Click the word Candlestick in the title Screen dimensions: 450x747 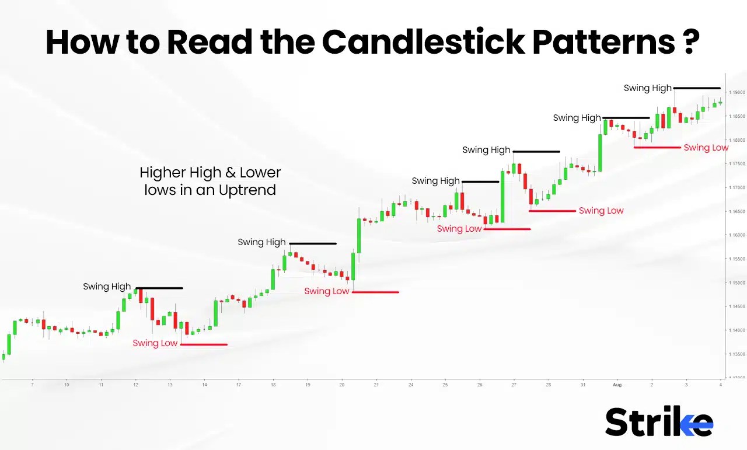424,41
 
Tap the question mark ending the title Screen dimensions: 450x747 690,41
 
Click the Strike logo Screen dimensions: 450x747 659,421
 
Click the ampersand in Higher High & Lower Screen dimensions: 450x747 231,173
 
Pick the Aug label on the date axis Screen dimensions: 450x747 617,385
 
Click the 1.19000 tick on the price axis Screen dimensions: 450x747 736,92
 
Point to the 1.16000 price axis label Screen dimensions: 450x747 736,235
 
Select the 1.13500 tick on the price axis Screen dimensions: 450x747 736,354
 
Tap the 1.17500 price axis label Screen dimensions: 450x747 736,164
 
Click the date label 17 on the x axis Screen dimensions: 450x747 239,385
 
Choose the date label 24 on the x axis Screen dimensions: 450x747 411,385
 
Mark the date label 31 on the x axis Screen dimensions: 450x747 583,385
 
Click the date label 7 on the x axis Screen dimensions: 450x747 32,385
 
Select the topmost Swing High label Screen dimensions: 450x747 647,88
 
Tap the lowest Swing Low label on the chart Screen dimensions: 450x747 155,343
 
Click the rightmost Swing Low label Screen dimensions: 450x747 706,148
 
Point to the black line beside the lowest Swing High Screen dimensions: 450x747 159,288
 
